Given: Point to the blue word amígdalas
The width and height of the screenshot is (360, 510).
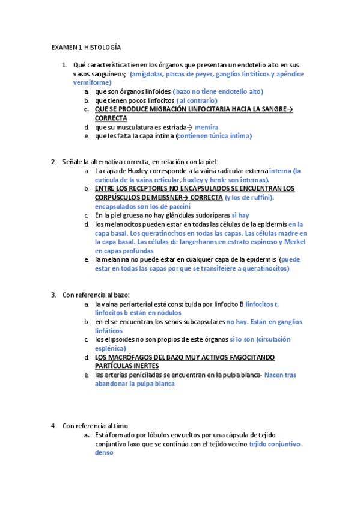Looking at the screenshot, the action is pos(150,74).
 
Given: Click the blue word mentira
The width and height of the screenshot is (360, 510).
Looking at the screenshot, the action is pos(207,127).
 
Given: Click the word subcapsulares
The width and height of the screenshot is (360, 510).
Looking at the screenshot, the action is pos(203,322).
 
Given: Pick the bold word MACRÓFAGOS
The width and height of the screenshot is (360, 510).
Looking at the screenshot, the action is pos(132,357).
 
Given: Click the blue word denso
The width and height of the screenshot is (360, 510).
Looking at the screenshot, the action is pos(105,453).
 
